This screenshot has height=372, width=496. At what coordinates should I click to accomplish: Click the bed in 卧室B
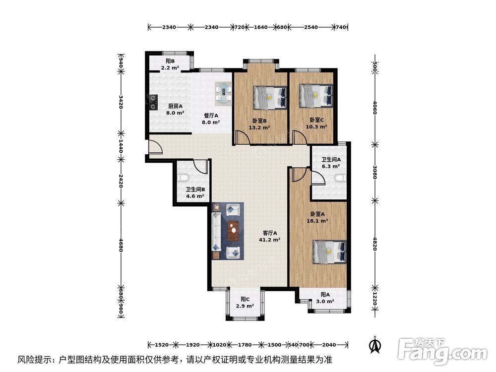pyautogui.click(x=270, y=98)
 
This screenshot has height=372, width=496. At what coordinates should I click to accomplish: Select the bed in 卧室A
pyautogui.click(x=330, y=252)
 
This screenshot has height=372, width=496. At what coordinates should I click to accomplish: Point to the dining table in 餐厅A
pyautogui.click(x=224, y=94)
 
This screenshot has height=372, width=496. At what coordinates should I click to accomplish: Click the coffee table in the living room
pyautogui.click(x=234, y=231)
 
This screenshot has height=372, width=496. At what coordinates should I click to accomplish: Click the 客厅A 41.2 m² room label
pyautogui.click(x=269, y=236)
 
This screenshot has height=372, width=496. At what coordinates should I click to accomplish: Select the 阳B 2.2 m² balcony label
pyautogui.click(x=170, y=64)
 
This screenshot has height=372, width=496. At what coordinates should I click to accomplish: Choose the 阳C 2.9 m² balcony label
pyautogui.click(x=245, y=303)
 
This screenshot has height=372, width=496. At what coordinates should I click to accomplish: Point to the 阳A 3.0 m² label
pyautogui.click(x=325, y=298)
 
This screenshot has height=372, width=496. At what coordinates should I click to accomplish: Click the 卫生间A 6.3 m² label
pyautogui.click(x=331, y=163)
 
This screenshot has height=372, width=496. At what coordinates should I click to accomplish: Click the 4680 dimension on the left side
pyautogui.click(x=121, y=245)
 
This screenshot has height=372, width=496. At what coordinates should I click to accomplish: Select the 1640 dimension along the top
pyautogui.click(x=261, y=27)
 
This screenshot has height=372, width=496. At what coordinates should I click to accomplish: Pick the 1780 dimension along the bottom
pyautogui.click(x=245, y=345)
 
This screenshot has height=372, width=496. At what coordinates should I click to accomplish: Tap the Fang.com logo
pyautogui.click(x=442, y=350)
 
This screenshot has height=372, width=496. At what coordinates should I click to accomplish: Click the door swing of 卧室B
pyautogui.click(x=242, y=137)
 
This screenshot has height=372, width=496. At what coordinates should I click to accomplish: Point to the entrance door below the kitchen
pyautogui.click(x=155, y=147)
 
